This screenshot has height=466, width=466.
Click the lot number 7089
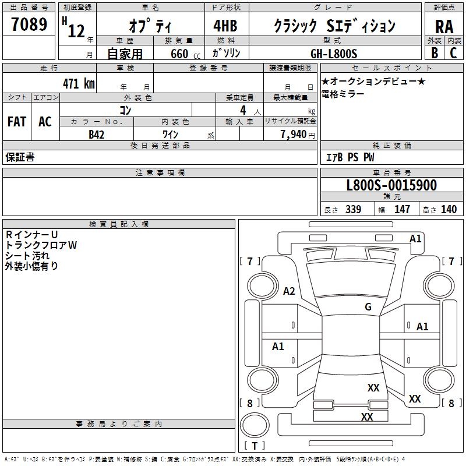point(29,25)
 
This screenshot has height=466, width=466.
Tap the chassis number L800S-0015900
point(391,186)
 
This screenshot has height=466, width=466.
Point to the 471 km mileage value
point(78,83)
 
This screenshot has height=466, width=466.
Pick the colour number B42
point(97,134)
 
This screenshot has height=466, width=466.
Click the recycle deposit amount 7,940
point(296,134)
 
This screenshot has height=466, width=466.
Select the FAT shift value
point(16,122)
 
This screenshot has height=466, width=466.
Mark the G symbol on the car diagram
point(368,307)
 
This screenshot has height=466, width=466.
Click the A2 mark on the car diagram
point(289,291)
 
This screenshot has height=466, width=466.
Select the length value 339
point(353,210)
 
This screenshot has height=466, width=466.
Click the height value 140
point(449,210)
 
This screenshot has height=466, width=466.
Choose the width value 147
point(402,210)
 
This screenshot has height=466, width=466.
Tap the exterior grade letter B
point(435,53)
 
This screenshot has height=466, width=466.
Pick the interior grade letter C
point(454,53)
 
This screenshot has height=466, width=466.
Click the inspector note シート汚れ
point(27,256)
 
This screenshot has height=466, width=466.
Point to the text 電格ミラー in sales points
point(343,94)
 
